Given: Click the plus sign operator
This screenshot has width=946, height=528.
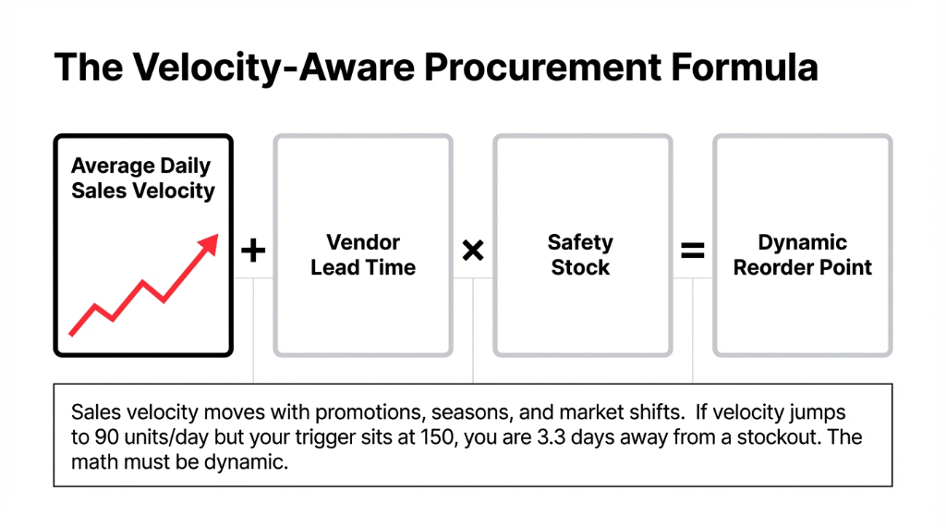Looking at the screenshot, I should (252, 251).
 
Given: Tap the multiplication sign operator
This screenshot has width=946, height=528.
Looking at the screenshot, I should (473, 251).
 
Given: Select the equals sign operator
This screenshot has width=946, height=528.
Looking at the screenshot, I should (693, 251).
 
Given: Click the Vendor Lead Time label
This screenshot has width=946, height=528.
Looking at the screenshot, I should (363, 255).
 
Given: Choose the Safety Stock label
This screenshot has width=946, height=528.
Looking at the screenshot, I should (580, 255).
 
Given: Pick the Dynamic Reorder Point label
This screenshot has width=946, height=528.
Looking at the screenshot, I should (803, 255).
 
